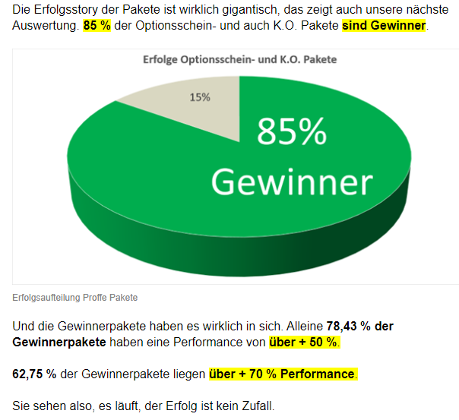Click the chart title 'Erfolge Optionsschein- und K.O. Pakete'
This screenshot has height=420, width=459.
[241, 59]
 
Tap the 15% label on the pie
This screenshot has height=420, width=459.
[201, 96]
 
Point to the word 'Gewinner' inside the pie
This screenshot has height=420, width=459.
[291, 182]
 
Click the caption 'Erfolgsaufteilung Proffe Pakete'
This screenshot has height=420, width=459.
[75, 297]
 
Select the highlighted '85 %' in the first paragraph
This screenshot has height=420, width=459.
[98, 26]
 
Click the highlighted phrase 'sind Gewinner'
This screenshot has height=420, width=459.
[384, 26]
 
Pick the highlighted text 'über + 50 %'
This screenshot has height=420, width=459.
[304, 343]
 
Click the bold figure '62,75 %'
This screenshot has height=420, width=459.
[36, 374]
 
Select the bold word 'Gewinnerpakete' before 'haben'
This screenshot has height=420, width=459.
[59, 343]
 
